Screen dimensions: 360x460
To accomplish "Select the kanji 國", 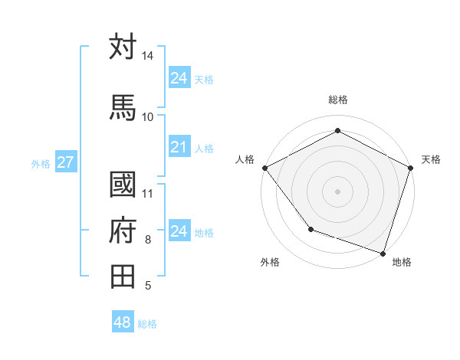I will click(x=123, y=185).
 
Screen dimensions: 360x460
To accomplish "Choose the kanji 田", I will click(x=123, y=275).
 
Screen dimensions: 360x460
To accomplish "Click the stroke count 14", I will click(x=147, y=56).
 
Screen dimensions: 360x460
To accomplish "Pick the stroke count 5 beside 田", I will click(x=147, y=286).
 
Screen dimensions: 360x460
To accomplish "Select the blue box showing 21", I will click(x=179, y=147).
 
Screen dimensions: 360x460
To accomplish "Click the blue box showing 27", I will click(x=65, y=162).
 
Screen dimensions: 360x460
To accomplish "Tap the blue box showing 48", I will click(x=122, y=322).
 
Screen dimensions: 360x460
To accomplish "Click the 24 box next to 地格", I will click(x=179, y=231).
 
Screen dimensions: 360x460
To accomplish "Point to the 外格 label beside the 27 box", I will click(x=41, y=163).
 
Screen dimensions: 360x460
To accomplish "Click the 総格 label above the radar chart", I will click(x=337, y=100).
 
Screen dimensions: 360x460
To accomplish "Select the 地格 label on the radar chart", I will click(x=402, y=262).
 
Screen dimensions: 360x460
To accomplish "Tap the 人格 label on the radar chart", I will click(x=245, y=159).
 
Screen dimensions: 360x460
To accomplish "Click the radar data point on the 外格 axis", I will click(x=310, y=228).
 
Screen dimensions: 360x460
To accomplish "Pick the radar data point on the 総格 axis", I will click(x=337, y=131).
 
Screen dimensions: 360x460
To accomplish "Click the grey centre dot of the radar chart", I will click(x=337, y=191).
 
